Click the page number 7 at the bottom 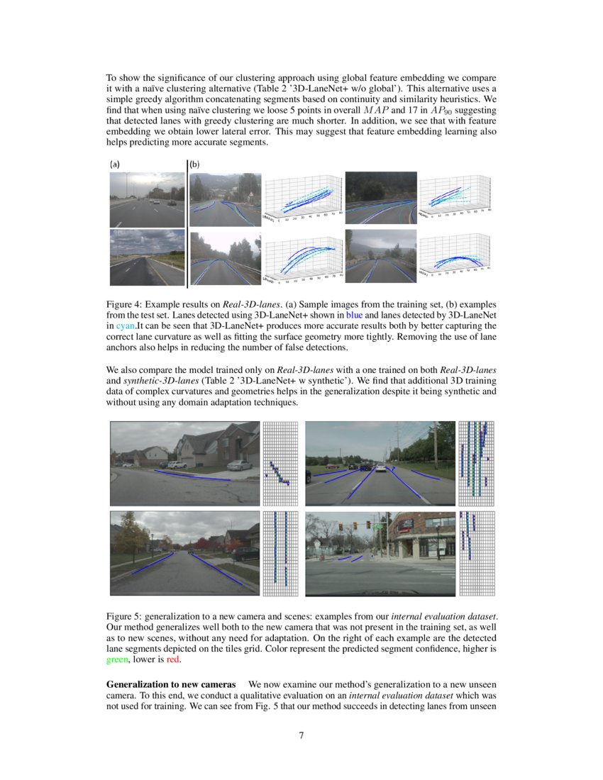coord(301,735)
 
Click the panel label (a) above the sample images coord(114,164)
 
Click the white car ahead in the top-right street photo coord(381,468)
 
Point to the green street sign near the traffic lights coord(376,527)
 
